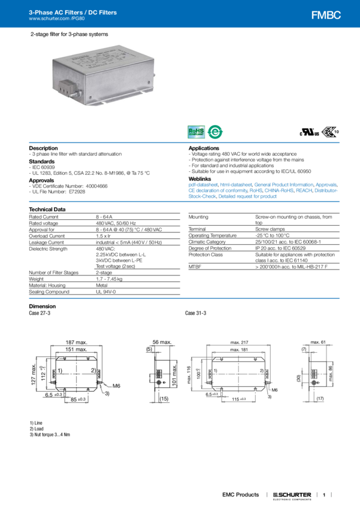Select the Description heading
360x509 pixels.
[x=44, y=147]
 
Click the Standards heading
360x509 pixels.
[x=42, y=160]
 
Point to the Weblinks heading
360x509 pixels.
[x=200, y=178]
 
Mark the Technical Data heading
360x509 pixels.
[x=47, y=209]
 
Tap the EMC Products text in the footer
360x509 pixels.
[x=241, y=495]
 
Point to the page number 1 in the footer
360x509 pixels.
[x=323, y=495]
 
